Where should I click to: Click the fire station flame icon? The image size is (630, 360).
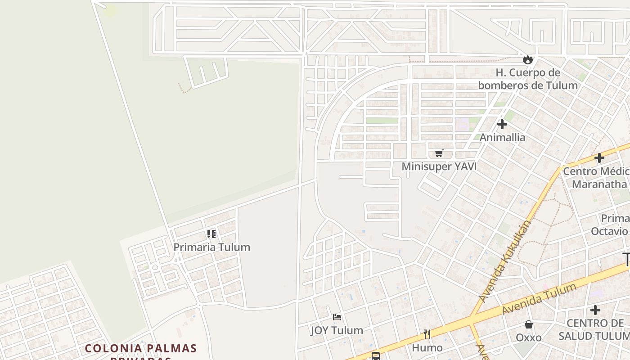528,59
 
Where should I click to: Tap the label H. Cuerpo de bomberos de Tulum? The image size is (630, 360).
528,79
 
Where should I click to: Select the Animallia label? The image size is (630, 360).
502,137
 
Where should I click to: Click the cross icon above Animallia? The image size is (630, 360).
502,124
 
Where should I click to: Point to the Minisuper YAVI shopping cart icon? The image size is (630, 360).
439,153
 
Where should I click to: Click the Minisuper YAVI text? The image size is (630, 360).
439,166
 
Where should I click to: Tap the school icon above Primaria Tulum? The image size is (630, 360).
211,234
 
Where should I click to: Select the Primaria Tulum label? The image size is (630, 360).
211,247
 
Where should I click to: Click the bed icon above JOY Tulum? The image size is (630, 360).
337,317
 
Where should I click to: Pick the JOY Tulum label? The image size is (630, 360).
337,330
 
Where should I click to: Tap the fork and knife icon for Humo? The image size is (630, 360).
427,334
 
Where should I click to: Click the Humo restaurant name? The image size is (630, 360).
427,348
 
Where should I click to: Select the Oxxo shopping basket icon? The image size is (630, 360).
529,324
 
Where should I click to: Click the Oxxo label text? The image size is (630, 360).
529,337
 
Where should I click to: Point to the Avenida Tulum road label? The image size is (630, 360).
539,299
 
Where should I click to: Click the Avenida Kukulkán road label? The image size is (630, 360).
506,261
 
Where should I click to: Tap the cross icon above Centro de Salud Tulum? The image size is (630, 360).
595,310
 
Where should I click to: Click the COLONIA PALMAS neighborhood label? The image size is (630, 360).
141,348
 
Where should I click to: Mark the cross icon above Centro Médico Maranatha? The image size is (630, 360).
599,158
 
